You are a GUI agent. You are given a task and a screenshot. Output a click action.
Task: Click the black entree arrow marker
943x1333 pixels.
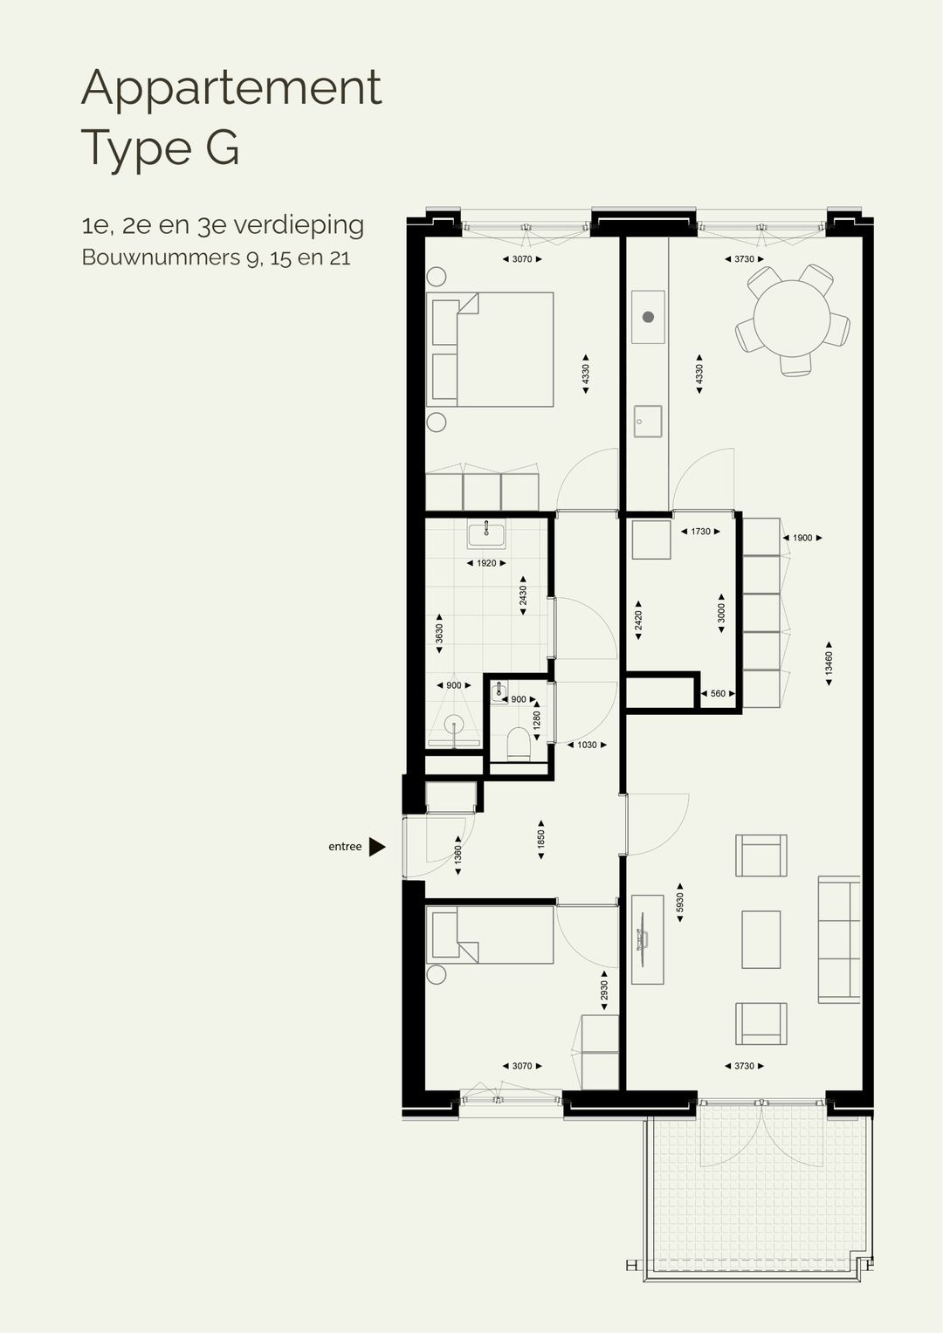pyautogui.click(x=376, y=847)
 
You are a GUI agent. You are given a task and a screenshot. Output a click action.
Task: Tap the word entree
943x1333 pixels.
pyautogui.click(x=345, y=847)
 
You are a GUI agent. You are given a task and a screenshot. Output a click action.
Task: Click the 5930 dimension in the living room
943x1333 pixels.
pyautogui.click(x=680, y=903)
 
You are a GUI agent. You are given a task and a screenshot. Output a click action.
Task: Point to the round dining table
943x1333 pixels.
pyautogui.click(x=792, y=319)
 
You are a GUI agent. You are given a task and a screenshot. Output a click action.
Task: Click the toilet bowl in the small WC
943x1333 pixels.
pyautogui.click(x=518, y=745)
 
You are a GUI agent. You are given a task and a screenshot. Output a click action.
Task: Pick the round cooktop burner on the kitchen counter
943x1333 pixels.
pyautogui.click(x=648, y=317)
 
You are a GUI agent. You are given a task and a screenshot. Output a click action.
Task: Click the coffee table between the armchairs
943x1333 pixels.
pyautogui.click(x=761, y=939)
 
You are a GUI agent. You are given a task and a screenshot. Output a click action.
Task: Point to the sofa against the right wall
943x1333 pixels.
pyautogui.click(x=838, y=939)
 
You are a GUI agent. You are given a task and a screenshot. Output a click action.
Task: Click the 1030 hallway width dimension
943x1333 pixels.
pyautogui.click(x=587, y=746)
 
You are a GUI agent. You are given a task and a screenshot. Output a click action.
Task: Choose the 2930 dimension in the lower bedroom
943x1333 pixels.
pyautogui.click(x=604, y=991)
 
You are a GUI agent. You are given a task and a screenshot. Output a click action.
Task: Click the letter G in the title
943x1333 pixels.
pyautogui.click(x=223, y=148)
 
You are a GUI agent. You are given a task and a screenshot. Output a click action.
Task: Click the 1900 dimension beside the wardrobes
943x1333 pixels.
pyautogui.click(x=802, y=539)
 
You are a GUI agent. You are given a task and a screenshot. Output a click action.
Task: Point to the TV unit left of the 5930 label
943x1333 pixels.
pyautogui.click(x=648, y=939)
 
